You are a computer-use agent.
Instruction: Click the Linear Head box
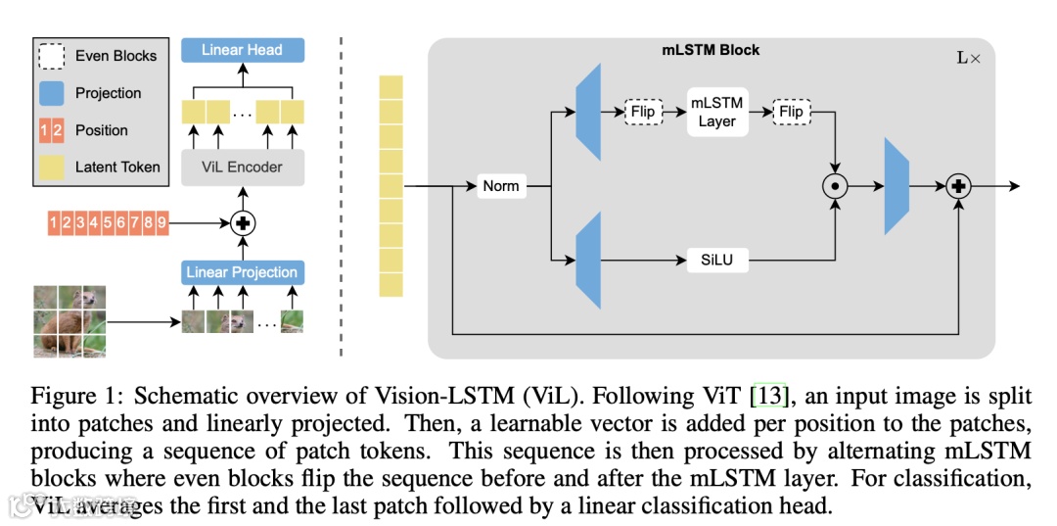[242, 50]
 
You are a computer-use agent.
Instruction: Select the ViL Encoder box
[242, 167]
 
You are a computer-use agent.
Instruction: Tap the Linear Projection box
[242, 271]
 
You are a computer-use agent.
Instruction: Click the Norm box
[500, 185]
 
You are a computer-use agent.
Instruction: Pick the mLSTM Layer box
[716, 112]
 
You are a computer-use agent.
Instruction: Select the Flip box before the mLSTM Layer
[642, 112]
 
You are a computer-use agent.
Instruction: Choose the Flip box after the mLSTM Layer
[791, 112]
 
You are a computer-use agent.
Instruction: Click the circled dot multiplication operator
[835, 186]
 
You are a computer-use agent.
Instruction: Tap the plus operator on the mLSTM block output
[959, 186]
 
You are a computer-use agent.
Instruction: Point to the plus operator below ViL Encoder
[242, 222]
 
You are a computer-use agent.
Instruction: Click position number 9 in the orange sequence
[161, 222]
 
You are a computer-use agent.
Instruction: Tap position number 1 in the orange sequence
[54, 222]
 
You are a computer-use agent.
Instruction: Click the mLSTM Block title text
[712, 50]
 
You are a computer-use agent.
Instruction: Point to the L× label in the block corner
[968, 58]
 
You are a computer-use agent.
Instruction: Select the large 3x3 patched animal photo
[69, 319]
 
